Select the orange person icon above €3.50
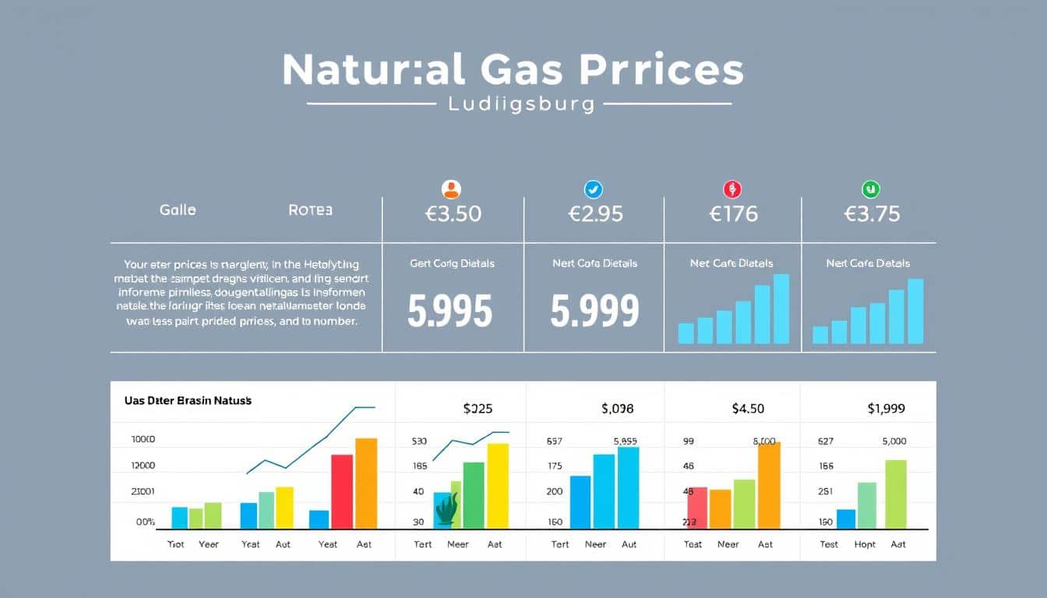[x=451, y=189]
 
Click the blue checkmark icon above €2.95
[x=594, y=189]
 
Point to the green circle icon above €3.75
[x=870, y=189]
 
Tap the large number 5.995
[x=450, y=311]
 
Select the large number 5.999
[x=594, y=311]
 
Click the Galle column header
[x=178, y=209]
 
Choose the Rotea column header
[x=310, y=209]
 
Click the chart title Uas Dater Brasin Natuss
[x=188, y=400]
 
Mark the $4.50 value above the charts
[x=748, y=408]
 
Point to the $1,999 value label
[x=886, y=408]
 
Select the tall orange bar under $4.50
[x=769, y=485]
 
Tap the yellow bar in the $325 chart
[x=498, y=486]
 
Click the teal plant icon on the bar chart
[x=446, y=508]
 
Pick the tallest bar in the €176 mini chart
[x=781, y=309]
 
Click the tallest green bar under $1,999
[x=896, y=494]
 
